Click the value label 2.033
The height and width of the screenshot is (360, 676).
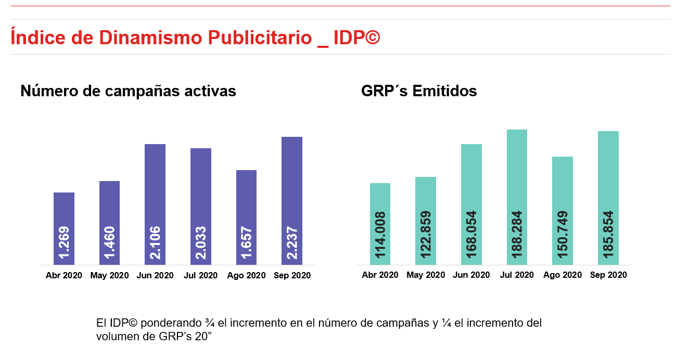click(x=201, y=242)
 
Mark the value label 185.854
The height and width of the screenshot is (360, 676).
click(x=608, y=235)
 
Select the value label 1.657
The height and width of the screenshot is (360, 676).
click(x=247, y=242)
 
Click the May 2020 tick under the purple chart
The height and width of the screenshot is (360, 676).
click(x=109, y=276)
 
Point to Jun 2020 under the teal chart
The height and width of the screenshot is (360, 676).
click(x=471, y=275)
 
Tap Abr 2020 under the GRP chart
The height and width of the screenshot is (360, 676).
click(x=380, y=275)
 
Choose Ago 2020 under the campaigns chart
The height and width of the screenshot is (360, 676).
click(x=247, y=276)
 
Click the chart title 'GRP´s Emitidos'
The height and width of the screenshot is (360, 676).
click(x=419, y=91)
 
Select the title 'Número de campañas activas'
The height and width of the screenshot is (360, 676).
click(x=128, y=91)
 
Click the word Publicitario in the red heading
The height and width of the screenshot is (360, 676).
click(x=259, y=37)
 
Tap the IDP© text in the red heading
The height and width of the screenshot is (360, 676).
click(x=356, y=37)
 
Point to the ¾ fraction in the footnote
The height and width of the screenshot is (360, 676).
click(x=210, y=323)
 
